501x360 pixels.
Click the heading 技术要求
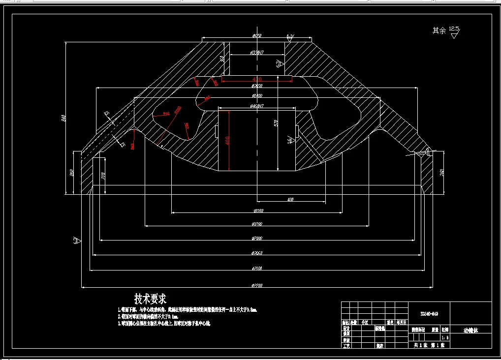click(151, 299)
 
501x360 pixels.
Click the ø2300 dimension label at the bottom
click(256, 285)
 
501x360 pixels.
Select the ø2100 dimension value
click(256, 269)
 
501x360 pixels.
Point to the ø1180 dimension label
click(258, 211)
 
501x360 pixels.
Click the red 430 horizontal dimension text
click(257, 79)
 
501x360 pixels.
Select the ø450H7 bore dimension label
click(257, 106)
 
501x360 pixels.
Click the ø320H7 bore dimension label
click(257, 52)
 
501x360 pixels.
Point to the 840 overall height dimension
click(63, 119)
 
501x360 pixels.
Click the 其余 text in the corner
click(439, 30)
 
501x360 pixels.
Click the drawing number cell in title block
click(429, 313)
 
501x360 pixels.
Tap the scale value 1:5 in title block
click(445, 338)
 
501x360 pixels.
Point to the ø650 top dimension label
click(257, 36)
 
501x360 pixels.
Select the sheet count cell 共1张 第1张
click(428, 346)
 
